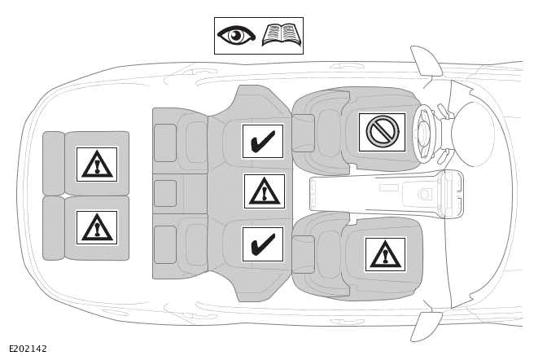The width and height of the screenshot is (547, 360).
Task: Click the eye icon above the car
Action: tap(236, 36)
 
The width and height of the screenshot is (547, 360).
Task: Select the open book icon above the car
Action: tap(282, 35)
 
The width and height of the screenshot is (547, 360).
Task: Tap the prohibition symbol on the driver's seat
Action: tap(382, 132)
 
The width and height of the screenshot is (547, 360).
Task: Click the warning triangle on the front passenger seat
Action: tap(385, 254)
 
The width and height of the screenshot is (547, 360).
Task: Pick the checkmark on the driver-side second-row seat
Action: tap(262, 141)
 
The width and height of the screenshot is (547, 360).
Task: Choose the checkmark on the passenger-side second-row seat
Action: tap(262, 244)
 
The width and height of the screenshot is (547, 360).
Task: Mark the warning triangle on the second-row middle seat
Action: tap(264, 191)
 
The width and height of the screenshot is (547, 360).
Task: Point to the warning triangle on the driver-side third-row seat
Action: tap(97, 164)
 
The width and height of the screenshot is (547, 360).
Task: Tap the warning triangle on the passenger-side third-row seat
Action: tap(97, 227)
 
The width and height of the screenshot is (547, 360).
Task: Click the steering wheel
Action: tap(423, 134)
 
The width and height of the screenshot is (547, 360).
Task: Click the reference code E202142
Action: tap(28, 349)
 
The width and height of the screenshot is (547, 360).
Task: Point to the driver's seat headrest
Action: tap(303, 133)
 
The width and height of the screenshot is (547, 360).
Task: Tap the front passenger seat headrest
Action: tap(303, 254)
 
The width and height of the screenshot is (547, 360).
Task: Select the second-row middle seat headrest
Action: tap(165, 193)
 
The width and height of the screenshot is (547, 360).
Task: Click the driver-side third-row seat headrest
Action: tap(54, 163)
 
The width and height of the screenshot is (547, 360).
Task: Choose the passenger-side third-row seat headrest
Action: tap(54, 228)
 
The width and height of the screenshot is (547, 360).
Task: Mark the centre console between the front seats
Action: tap(383, 194)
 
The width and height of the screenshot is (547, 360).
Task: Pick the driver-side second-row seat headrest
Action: tap(165, 143)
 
